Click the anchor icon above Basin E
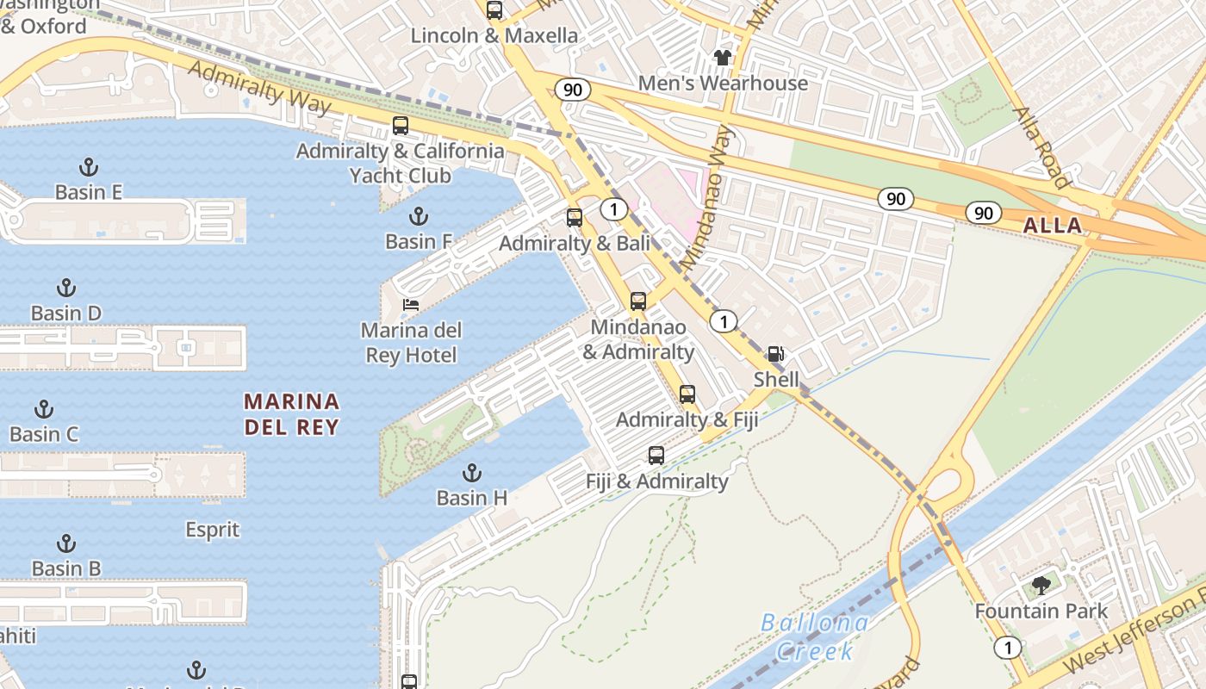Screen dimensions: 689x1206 pos(88,166)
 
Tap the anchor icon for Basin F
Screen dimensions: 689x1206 pos(419,215)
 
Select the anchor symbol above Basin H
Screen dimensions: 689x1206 pos(471,472)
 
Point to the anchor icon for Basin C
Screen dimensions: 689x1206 pos(44,409)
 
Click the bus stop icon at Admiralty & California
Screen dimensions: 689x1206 pos(401,125)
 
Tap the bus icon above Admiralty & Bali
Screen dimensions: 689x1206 pos(575,218)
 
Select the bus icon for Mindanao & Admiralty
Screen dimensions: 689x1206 pos(638,301)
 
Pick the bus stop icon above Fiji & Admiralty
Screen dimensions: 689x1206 pos(656,456)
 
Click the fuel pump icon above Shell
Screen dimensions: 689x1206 pos(776,354)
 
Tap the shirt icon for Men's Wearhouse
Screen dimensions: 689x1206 pos(722,58)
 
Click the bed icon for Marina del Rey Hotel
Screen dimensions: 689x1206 pos(411,305)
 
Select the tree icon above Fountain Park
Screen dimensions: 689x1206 pos(1041,586)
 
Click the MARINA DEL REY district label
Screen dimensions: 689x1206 pos(291,414)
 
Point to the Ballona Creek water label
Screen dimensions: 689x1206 pos(814,636)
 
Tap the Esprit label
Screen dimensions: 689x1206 pos(213,529)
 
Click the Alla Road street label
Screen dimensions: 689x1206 pos(1041,147)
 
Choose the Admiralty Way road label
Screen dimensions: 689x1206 pos(259,87)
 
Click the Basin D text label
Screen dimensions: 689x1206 pos(66,313)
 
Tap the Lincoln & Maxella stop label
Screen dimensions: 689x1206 pos(494,35)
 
